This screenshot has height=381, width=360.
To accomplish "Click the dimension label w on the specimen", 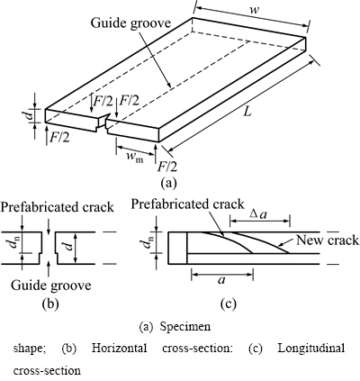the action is point(255,10).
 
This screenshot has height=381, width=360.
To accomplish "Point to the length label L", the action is point(247,112).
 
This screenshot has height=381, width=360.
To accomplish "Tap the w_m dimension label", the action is point(134,158).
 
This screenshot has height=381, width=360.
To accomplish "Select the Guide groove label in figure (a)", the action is point(130,23).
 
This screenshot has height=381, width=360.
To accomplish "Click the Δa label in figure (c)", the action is point(259,214).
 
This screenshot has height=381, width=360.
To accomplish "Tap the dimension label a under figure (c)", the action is point(221,280).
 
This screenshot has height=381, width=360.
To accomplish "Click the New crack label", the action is point(328,240).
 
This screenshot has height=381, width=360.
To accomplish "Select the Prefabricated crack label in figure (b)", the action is point(58,207).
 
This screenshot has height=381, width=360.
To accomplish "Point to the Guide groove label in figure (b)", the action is point(51,286).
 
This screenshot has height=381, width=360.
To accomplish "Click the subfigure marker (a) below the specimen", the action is point(169,182).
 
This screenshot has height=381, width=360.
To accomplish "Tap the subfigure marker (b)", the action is point(50,304).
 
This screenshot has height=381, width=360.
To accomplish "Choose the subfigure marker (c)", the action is point(228,304).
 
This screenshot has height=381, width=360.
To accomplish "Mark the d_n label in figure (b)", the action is point(13,242).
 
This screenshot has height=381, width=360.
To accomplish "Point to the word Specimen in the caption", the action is point(185,326).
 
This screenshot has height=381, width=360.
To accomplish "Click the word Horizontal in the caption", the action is point(120,349).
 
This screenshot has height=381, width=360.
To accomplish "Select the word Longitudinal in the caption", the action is point(311,349).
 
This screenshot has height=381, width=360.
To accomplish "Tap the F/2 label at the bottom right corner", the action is point(167,167).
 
